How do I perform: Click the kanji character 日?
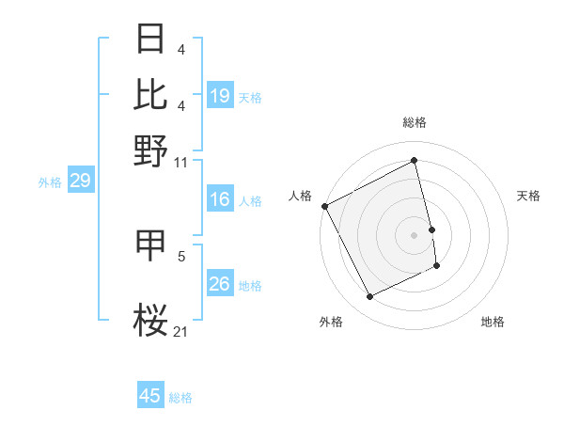[150, 39]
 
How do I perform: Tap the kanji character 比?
[150, 94]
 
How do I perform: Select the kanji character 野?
[150, 149]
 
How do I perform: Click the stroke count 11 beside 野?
[181, 162]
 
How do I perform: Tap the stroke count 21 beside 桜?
[181, 331]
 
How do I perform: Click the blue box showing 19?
[220, 95]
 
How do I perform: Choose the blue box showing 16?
[220, 199]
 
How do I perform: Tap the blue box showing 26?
[220, 284]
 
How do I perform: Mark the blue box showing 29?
[79, 182]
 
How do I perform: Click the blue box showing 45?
[150, 396]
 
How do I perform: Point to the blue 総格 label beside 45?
[180, 398]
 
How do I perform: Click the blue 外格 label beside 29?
[49, 182]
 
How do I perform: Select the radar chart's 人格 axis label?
[300, 196]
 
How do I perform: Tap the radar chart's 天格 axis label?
[528, 196]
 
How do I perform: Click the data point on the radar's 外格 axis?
[369, 297]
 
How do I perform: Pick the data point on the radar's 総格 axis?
[414, 161]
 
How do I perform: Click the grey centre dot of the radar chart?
[414, 235]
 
